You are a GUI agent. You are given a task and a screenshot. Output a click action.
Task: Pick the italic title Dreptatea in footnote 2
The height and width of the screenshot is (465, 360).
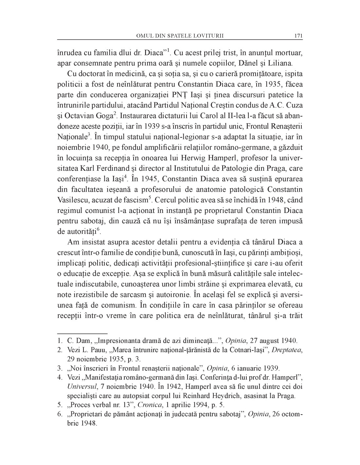(x=289, y=350)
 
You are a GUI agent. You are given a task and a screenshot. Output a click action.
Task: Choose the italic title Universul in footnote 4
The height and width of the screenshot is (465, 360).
(x=81, y=387)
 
